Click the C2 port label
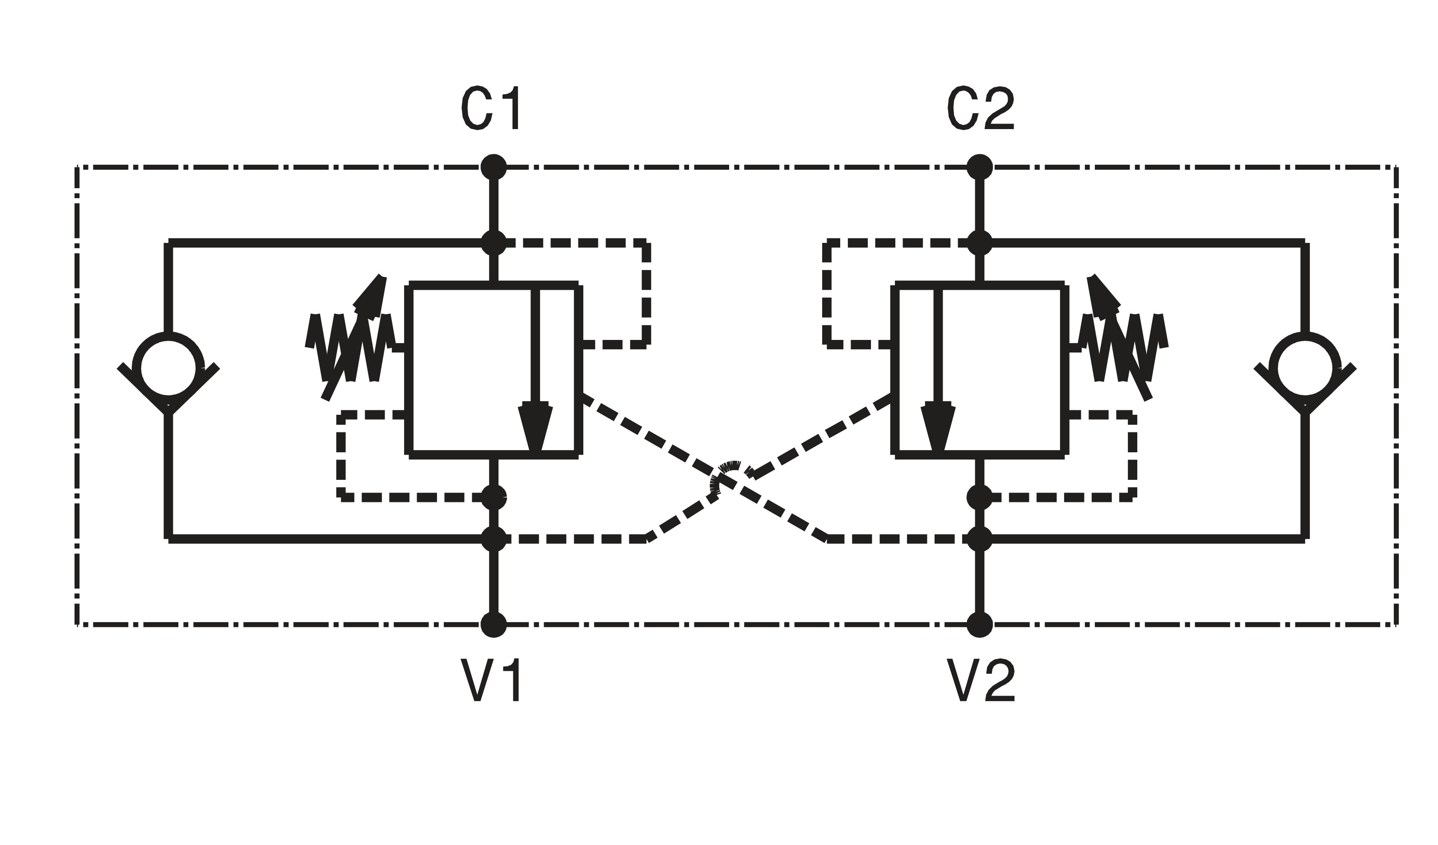click(x=980, y=108)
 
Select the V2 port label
click(x=980, y=679)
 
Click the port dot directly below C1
click(x=493, y=167)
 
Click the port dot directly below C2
click(x=980, y=167)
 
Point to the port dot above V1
click(x=493, y=624)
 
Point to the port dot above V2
click(x=980, y=624)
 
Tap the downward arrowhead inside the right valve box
click(x=938, y=428)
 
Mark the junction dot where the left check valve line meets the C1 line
click(x=493, y=242)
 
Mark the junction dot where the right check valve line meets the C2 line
click(x=980, y=242)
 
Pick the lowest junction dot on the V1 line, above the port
click(x=493, y=539)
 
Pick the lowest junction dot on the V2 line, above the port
click(x=980, y=539)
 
